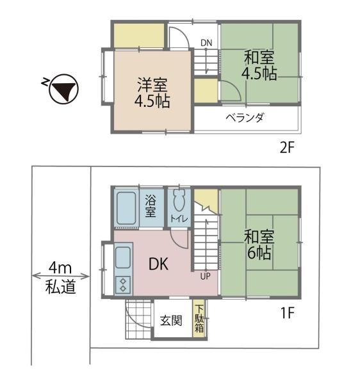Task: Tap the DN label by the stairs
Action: pos(206,43)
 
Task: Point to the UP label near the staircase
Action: pos(205,276)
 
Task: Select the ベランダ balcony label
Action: pos(245,118)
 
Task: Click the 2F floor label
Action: pos(287,147)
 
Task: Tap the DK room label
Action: pos(159,264)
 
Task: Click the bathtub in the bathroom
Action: pos(126,208)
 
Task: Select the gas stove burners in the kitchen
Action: pos(123,285)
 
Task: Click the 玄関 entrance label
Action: pos(171,321)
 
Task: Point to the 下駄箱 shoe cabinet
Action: pos(199,318)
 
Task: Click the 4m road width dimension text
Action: pos(60,268)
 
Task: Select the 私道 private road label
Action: pos(60,286)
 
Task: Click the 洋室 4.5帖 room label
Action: pos(152,93)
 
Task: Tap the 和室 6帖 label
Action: pos(259,244)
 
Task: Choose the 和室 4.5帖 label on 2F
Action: pos(259,65)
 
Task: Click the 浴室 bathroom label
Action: pos(151,206)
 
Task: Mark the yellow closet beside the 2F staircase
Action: pos(206,91)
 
